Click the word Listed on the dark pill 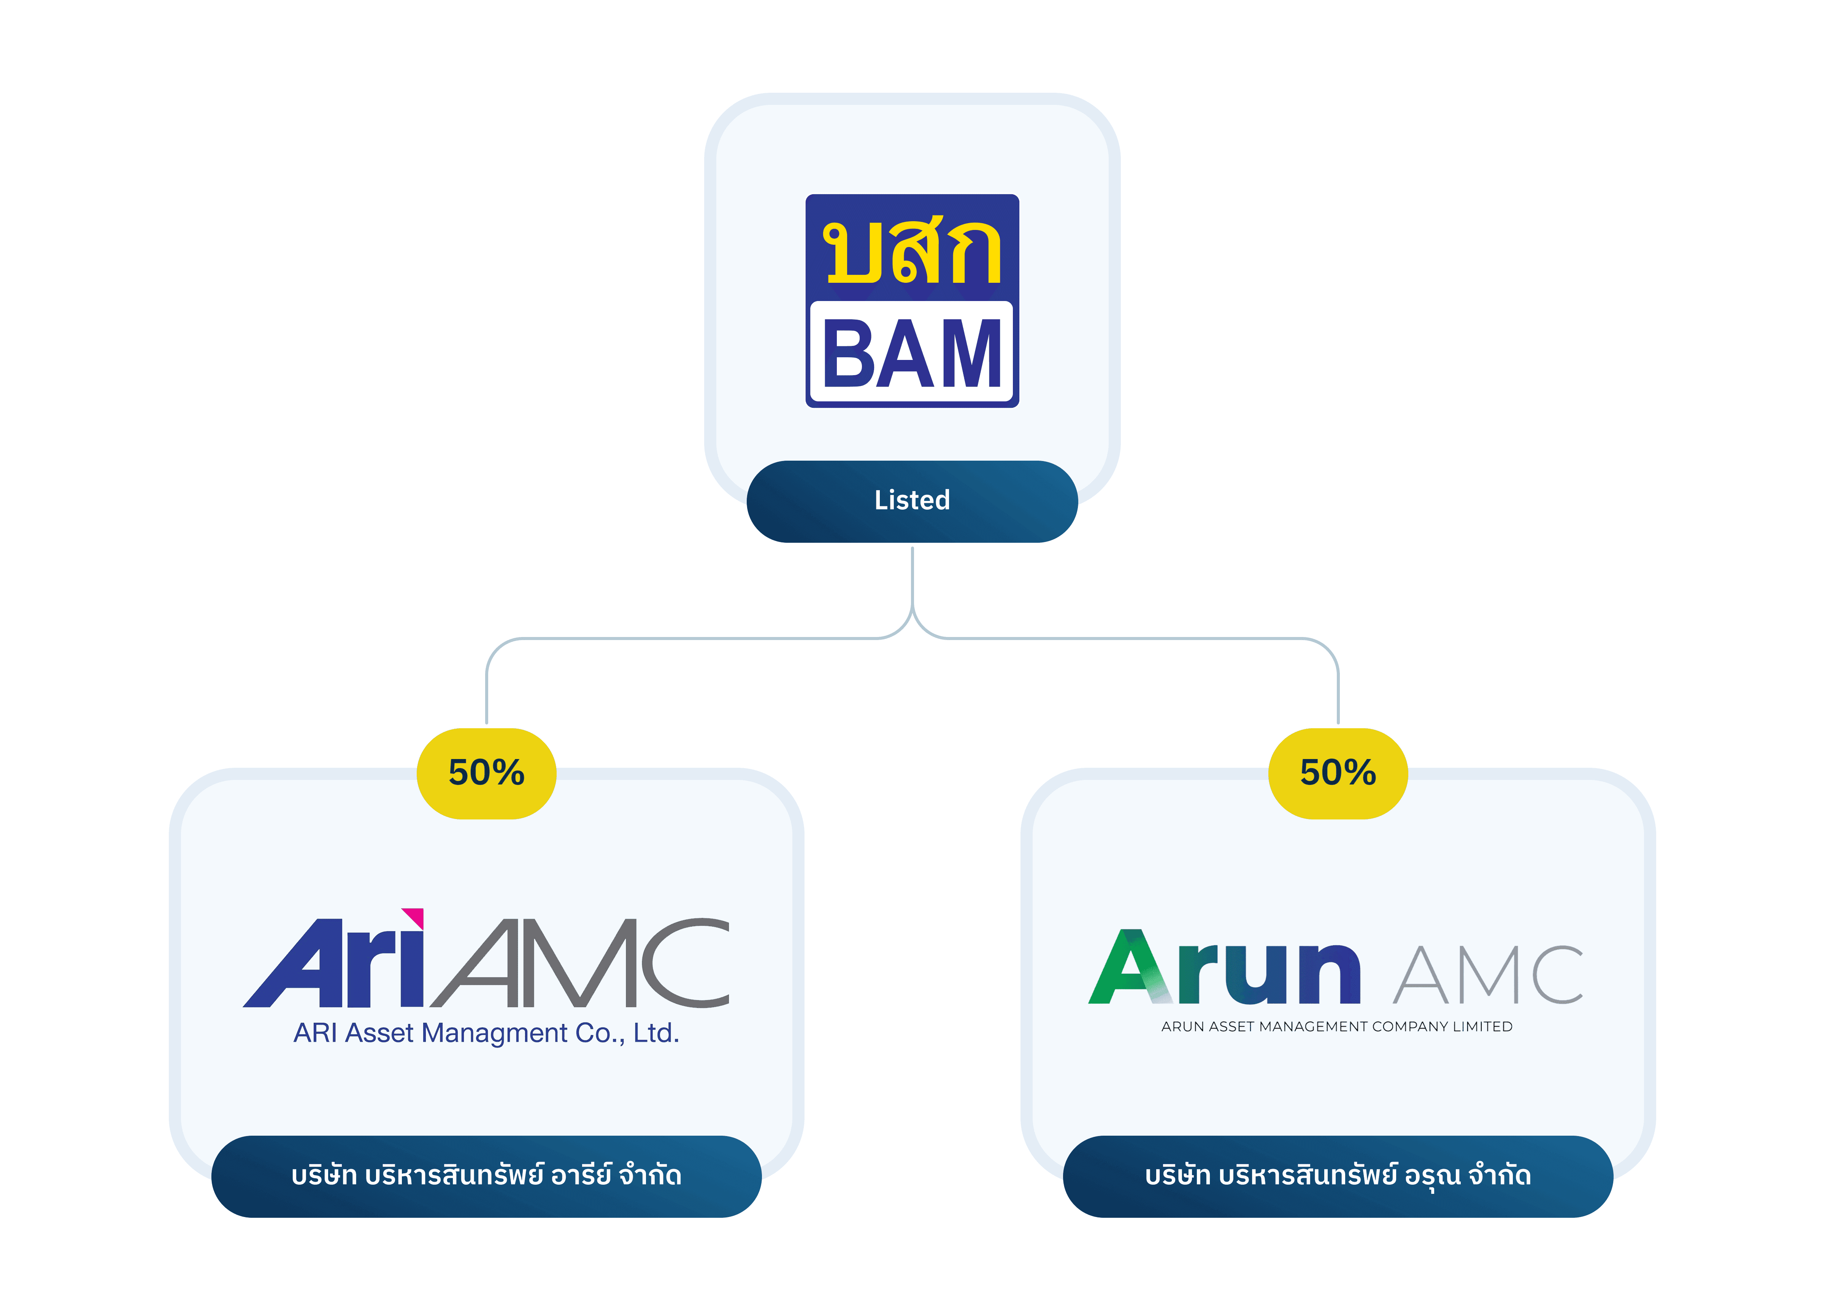point(912,501)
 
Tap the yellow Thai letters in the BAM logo point(912,252)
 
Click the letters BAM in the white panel point(912,352)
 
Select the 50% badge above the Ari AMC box point(486,773)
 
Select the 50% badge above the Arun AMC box point(1337,773)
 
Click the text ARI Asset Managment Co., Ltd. point(486,1033)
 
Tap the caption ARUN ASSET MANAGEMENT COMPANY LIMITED point(1336,1027)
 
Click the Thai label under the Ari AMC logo point(486,1176)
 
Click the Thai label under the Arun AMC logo point(1337,1176)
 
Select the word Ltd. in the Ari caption point(656,1033)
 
